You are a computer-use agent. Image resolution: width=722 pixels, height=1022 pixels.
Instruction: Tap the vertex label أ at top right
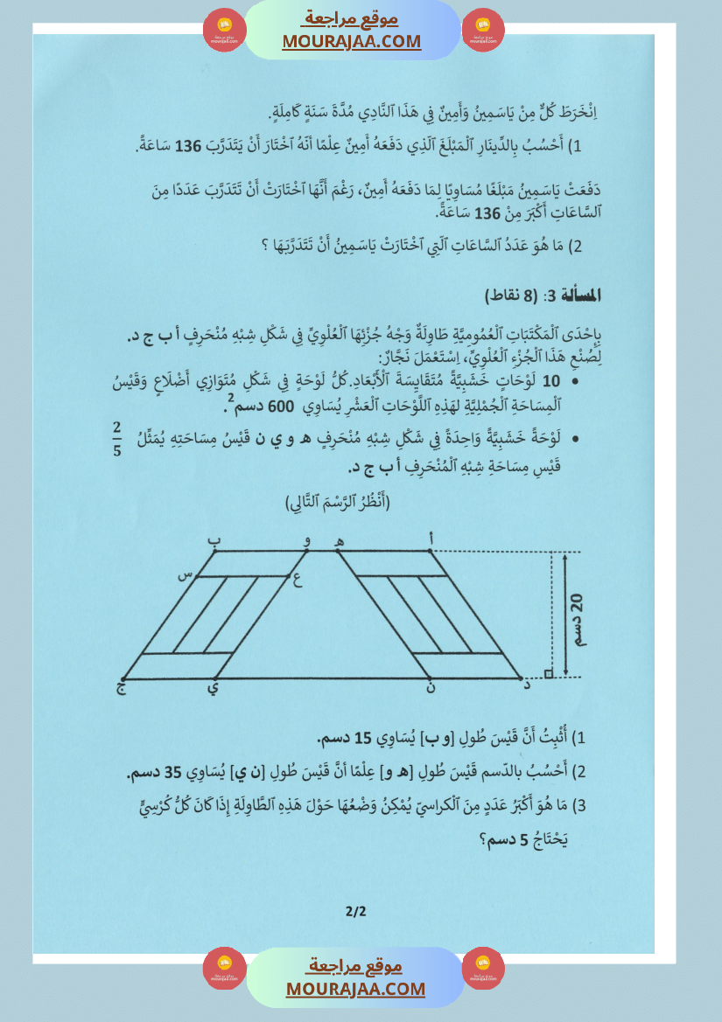pos(431,540)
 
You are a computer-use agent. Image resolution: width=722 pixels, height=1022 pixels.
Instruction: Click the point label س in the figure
pos(186,575)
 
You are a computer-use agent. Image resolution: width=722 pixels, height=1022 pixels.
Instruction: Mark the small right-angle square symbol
pos(548,673)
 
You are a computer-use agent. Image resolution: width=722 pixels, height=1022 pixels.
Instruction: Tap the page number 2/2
pos(356,911)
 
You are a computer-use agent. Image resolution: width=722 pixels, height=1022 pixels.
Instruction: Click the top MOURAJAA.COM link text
pos(352,41)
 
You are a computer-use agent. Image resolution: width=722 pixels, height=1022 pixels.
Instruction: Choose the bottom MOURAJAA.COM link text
pos(355,989)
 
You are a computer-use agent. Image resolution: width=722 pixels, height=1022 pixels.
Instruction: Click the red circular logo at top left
pos(225,30)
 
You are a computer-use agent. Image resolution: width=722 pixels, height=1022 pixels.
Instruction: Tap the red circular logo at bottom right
pos(483,969)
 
